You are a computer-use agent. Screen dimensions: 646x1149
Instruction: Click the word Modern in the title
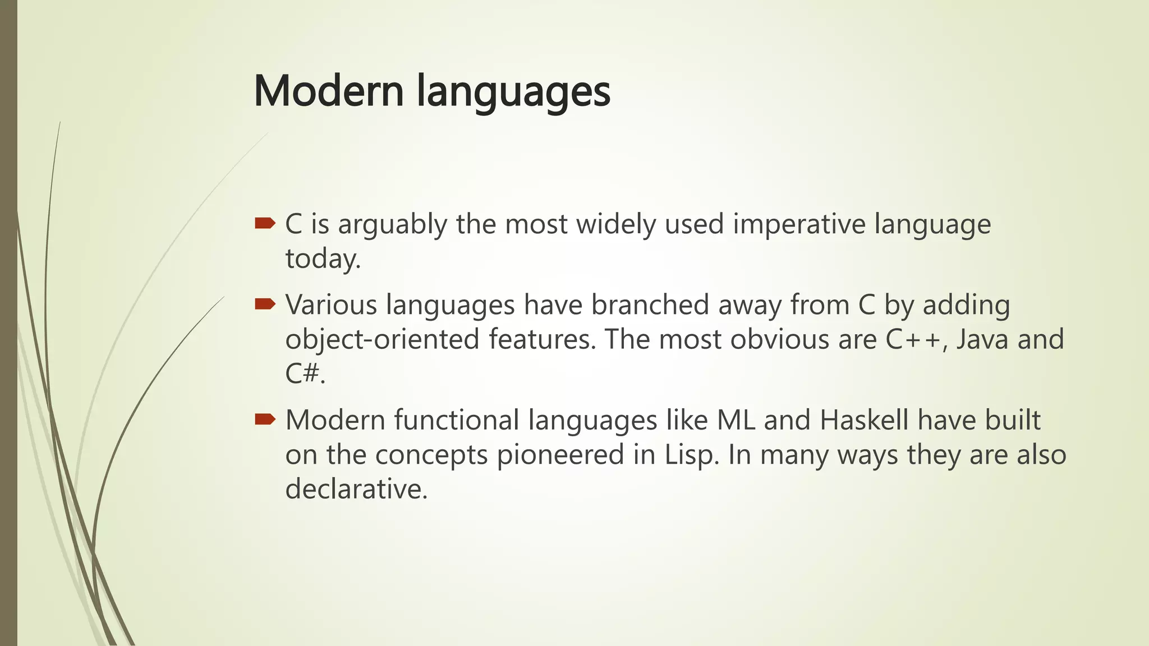pos(329,91)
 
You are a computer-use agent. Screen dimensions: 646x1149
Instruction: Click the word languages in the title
pos(513,93)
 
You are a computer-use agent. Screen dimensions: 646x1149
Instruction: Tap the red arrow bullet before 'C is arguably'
pos(265,224)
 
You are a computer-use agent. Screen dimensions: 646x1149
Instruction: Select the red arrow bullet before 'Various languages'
pos(265,304)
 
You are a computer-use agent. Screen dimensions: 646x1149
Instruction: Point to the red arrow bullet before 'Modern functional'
pos(265,419)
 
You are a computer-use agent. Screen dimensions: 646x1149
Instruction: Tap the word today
pos(323,259)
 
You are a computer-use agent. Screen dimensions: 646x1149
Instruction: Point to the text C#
pos(305,374)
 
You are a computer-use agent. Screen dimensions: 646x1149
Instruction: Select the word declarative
pos(356,489)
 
